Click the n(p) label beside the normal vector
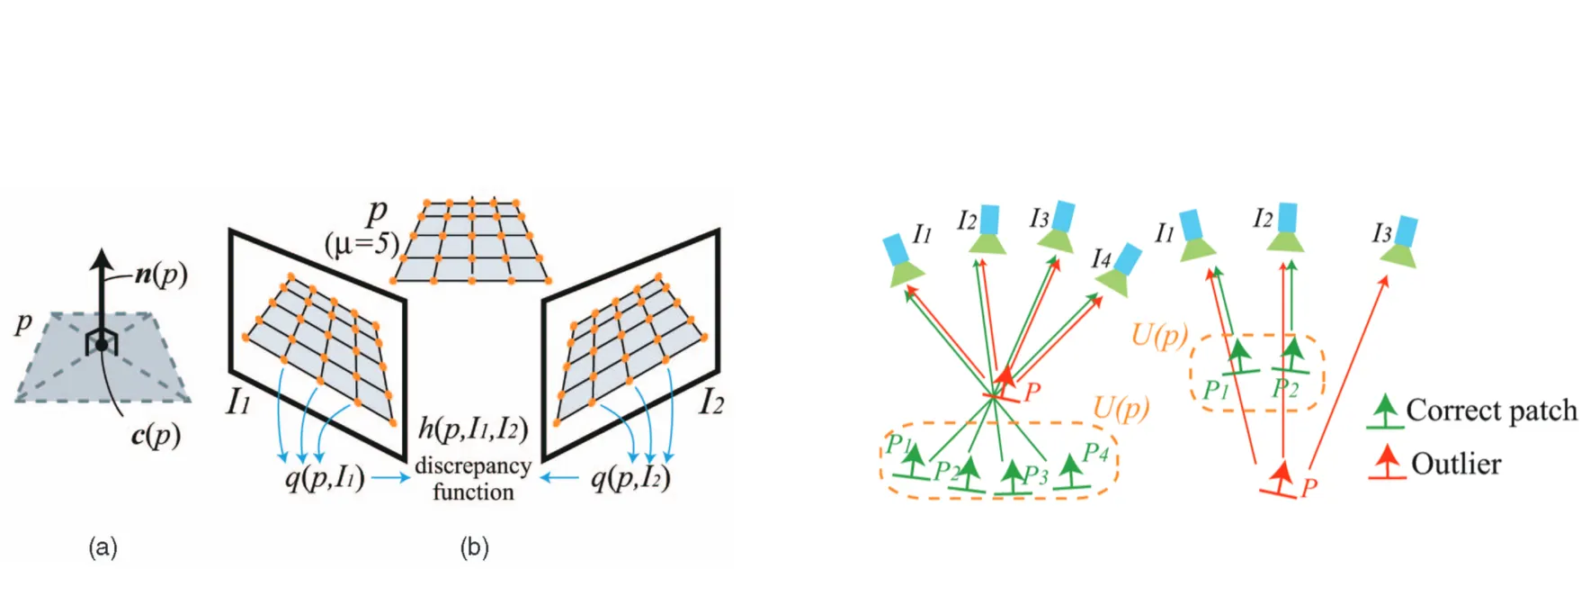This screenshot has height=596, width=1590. [161, 273]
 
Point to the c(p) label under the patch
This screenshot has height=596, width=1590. [156, 436]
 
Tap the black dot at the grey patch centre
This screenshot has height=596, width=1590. [102, 345]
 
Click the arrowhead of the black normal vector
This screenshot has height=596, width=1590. [102, 259]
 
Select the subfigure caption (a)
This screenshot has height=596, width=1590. [103, 547]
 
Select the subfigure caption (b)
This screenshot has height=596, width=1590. [474, 547]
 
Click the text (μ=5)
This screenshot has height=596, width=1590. [362, 243]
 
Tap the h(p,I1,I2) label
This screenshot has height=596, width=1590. [473, 429]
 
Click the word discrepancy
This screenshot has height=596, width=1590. [473, 466]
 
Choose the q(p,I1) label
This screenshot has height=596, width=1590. [325, 477]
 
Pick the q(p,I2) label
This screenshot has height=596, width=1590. [630, 477]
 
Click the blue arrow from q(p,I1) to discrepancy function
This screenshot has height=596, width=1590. [390, 477]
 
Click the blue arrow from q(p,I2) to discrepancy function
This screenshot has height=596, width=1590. [558, 477]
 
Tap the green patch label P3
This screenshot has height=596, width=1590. [1035, 475]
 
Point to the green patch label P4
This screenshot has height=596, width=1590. [1095, 452]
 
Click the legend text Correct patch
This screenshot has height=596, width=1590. [1491, 411]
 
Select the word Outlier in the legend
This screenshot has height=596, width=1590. [1456, 465]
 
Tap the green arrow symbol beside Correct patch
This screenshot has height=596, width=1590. [1385, 411]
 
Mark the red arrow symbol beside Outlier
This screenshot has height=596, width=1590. [1387, 463]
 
